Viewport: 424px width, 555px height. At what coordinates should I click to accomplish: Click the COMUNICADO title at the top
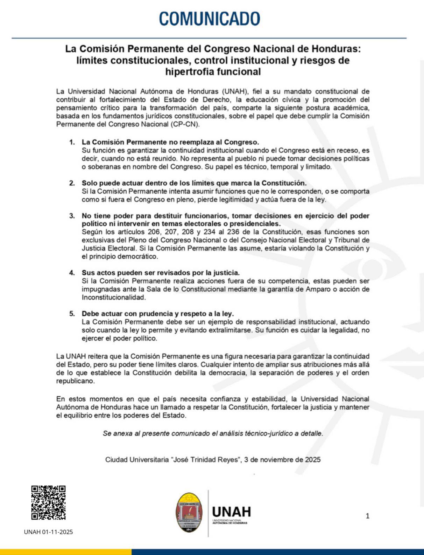[x=210, y=19]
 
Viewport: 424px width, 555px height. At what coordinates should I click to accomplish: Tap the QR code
[x=49, y=502]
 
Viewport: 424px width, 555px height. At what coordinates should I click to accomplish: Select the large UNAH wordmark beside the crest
[x=232, y=512]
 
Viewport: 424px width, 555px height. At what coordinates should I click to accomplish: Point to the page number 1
[x=367, y=516]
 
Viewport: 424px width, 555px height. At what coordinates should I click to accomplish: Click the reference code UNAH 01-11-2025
[x=49, y=532]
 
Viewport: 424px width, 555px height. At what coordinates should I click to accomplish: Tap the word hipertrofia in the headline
[x=190, y=72]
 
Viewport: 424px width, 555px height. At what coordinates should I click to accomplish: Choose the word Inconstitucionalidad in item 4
[x=113, y=297]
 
